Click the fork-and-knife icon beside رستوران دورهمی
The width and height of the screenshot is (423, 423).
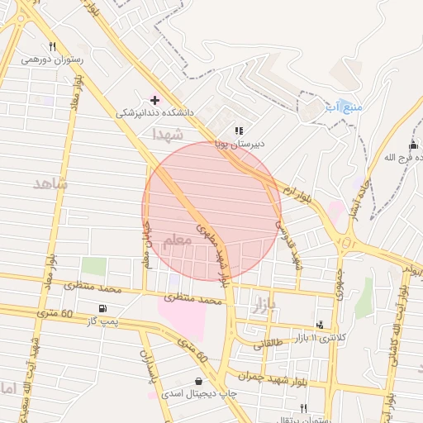53,46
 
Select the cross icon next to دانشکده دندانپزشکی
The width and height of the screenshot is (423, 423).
154,100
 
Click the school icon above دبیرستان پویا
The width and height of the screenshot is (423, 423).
239,131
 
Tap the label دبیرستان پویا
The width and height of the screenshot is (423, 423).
240,143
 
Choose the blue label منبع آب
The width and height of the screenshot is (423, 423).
343,107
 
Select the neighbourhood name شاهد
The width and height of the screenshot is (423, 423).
50,183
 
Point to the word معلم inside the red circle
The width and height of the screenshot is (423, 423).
176,239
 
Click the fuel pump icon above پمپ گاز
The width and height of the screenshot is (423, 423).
102,308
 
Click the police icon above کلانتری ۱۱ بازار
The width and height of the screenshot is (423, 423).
320,325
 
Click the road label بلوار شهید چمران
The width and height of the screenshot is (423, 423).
254,375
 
